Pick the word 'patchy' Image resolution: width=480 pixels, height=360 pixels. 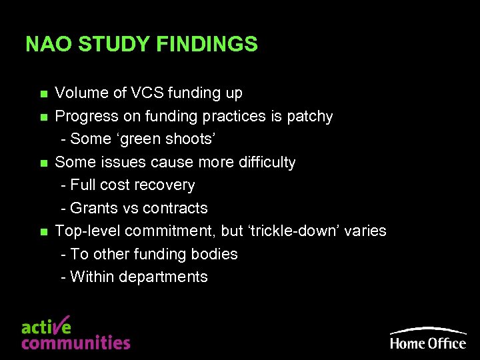(x=310, y=117)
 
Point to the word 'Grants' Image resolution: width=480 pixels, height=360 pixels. (x=94, y=208)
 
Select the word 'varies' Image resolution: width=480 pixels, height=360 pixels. (x=365, y=231)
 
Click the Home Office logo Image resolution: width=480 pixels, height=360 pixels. (x=428, y=338)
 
